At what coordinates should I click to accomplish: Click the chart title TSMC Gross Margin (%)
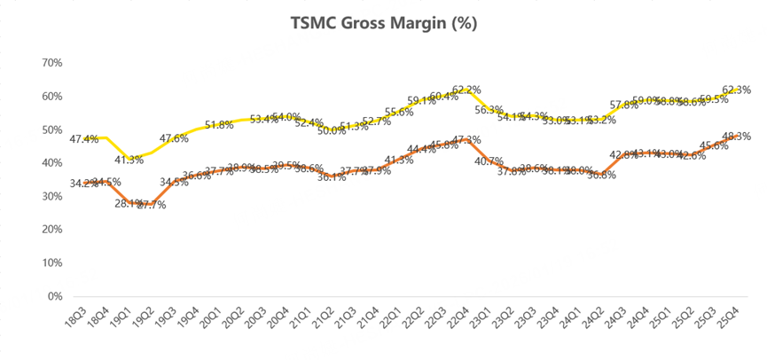tap(383, 24)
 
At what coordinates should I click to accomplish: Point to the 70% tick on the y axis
tap(51, 63)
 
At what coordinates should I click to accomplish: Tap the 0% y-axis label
tap(54, 296)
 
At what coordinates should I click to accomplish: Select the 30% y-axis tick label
tap(51, 196)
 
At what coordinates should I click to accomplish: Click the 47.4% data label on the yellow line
tap(83, 138)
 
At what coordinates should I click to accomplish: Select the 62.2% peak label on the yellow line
tap(466, 90)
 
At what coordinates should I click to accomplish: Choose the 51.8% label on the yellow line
tap(218, 125)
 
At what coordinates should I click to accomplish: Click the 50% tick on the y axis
tap(51, 129)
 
